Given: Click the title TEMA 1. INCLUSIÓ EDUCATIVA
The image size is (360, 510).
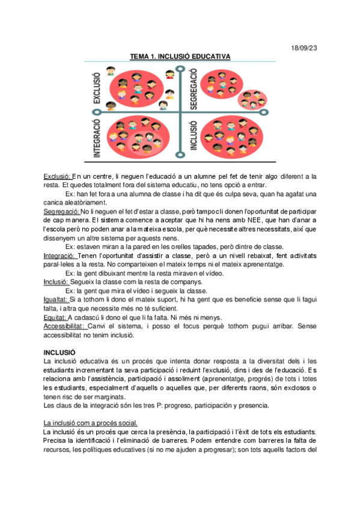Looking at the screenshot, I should click(180, 57).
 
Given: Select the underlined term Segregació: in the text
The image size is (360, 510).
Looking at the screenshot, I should click(62, 212).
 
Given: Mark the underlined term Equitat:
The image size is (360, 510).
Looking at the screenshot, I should click(55, 318).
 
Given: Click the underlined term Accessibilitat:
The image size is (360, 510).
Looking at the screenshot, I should click(66, 327).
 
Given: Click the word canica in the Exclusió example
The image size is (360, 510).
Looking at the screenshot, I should click(53, 203).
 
